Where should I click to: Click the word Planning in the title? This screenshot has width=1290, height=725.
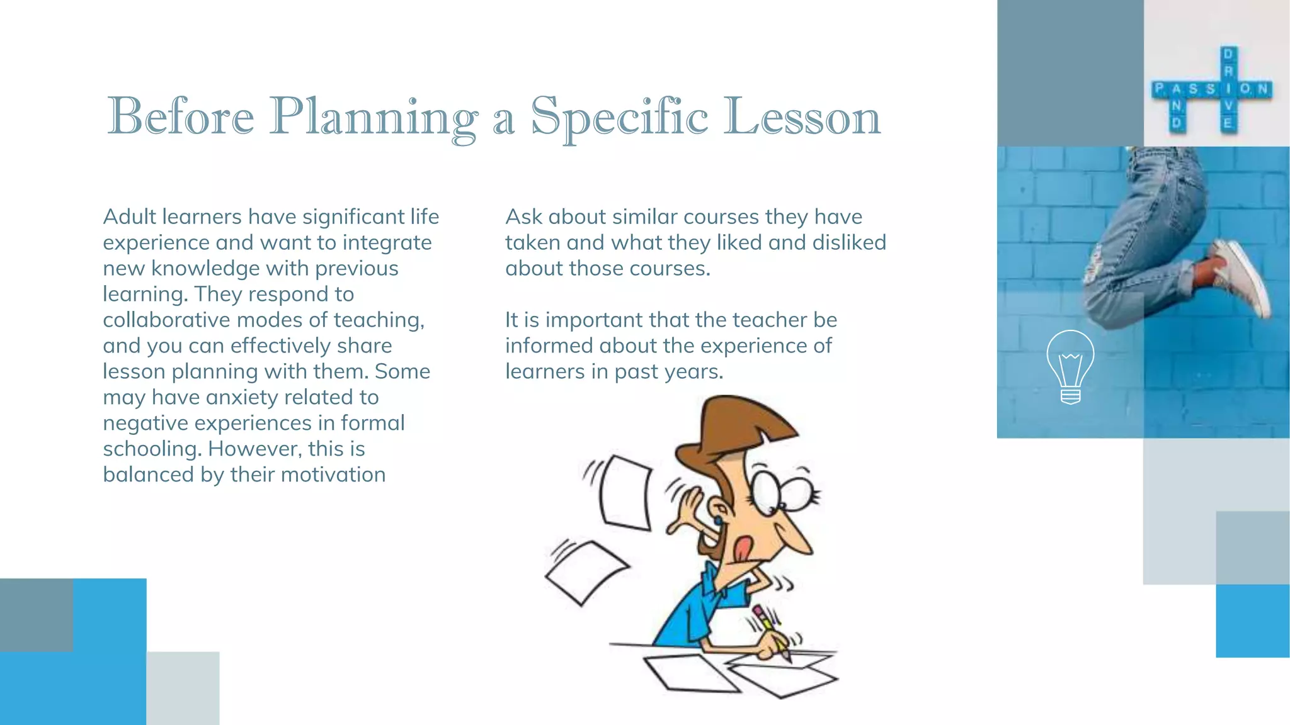tap(373, 117)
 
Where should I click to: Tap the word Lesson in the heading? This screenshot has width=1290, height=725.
tap(801, 117)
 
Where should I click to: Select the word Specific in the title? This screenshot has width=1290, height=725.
tap(619, 117)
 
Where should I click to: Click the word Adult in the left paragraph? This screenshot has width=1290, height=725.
tap(129, 216)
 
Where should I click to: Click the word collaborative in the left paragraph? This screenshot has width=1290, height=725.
tap(166, 320)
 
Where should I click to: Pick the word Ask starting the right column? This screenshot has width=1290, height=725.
tap(523, 216)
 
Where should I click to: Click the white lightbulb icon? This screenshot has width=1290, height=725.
tap(1070, 366)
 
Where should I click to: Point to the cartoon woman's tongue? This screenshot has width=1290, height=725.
tap(744, 549)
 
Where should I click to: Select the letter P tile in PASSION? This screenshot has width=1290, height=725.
tap(1160, 89)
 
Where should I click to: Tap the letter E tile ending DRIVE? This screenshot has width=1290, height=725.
tap(1227, 123)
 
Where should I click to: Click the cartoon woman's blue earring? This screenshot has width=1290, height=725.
tap(717, 520)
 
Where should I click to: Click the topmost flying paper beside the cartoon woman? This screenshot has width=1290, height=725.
tap(625, 493)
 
